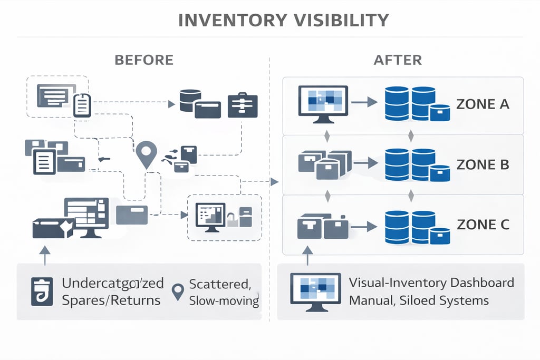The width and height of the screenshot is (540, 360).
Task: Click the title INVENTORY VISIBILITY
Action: (284, 20)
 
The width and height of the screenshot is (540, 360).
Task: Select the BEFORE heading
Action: (144, 60)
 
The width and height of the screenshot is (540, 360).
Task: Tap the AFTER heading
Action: (398, 60)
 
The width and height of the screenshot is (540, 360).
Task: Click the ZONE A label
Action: (483, 104)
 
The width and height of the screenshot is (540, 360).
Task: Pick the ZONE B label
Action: (483, 164)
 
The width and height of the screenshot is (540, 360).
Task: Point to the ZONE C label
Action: (483, 225)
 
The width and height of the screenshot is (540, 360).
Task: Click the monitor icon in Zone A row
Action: (323, 104)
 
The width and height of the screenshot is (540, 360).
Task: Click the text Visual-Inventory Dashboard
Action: (431, 283)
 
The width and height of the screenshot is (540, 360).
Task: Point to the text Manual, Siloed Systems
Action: (419, 300)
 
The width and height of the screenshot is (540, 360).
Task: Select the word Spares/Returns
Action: (111, 301)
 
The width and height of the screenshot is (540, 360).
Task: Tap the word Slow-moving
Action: (224, 301)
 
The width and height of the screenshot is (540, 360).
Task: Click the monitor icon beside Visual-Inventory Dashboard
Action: (315, 291)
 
